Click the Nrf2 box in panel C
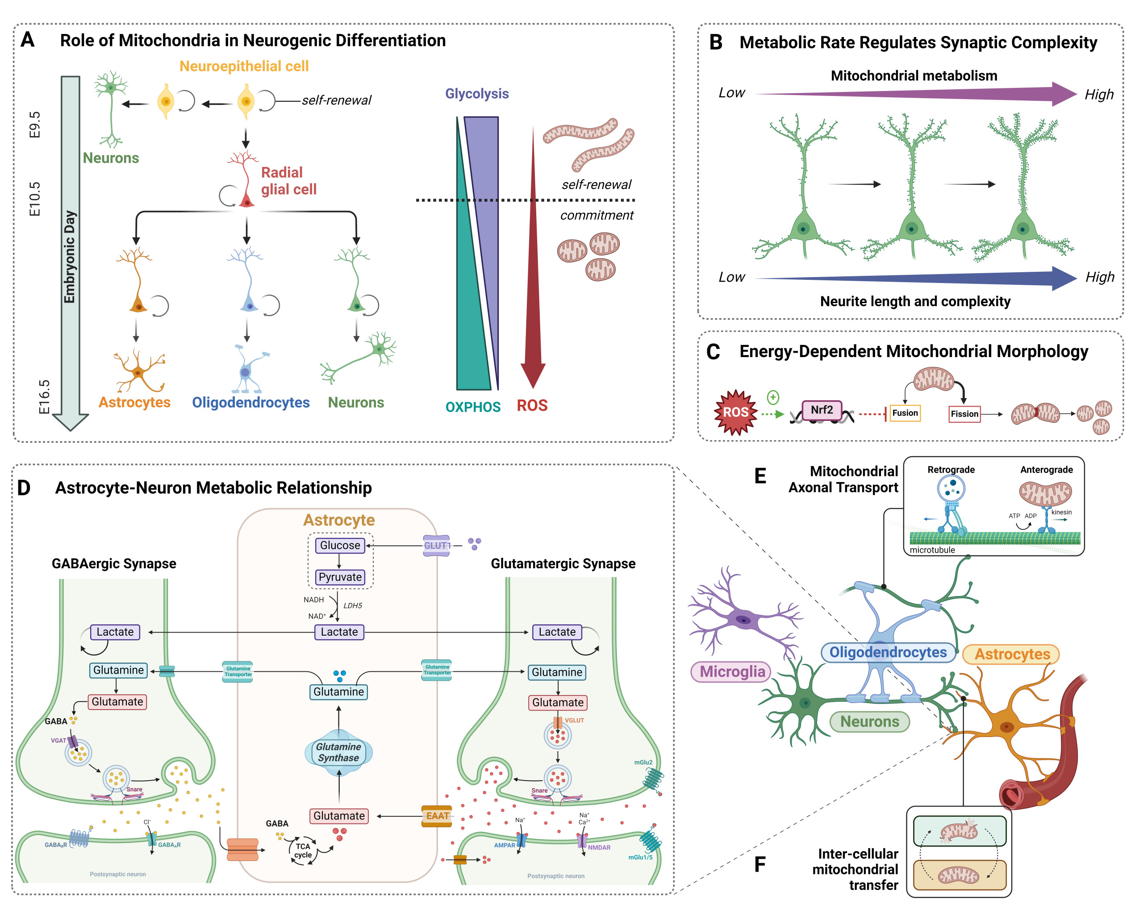pos(821,410)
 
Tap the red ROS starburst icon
pos(735,412)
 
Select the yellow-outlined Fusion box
pos(905,412)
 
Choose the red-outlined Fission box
pos(964,413)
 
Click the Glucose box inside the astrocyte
pos(340,545)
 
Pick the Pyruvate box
pos(340,577)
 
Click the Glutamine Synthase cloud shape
pos(338,752)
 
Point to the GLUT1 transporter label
pos(437,545)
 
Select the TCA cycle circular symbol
pos(303,850)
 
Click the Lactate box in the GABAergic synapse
pos(115,632)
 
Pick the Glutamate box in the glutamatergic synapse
pos(557,703)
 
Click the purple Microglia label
pos(732,672)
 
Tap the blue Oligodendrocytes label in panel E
pos(888,652)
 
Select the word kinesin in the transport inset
pos(1061,512)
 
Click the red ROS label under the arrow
pos(532,406)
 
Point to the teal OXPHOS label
pos(472,407)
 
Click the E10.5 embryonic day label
pos(34,199)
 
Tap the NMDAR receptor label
pos(599,848)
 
